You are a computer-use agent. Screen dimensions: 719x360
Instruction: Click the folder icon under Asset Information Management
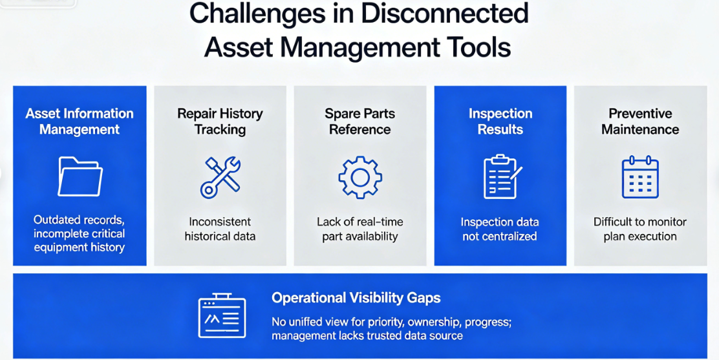coord(80,176)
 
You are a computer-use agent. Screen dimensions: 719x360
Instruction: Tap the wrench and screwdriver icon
coord(220,177)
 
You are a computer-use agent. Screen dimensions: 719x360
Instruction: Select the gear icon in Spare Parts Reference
coord(360,177)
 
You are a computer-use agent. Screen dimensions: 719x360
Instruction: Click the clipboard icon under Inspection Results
coord(502,176)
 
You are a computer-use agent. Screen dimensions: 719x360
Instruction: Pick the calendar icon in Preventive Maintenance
coord(640,177)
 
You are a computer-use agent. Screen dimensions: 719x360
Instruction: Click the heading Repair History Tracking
coord(220,122)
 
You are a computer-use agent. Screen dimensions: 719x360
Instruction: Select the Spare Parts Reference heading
coord(360,122)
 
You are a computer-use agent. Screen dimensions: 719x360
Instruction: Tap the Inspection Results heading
coord(500,122)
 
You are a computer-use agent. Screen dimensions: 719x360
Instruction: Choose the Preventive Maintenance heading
coord(640,122)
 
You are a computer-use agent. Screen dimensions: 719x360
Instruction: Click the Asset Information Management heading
coord(80,122)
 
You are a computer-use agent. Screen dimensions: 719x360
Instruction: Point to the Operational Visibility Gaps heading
coord(356,298)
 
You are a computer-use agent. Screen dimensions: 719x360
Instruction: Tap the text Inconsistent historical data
coord(220,229)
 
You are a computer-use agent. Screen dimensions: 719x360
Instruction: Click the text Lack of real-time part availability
coord(360,229)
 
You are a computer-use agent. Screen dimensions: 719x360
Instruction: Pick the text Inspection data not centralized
coord(500,229)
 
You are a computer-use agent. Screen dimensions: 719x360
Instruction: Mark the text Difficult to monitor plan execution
coord(640,229)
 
